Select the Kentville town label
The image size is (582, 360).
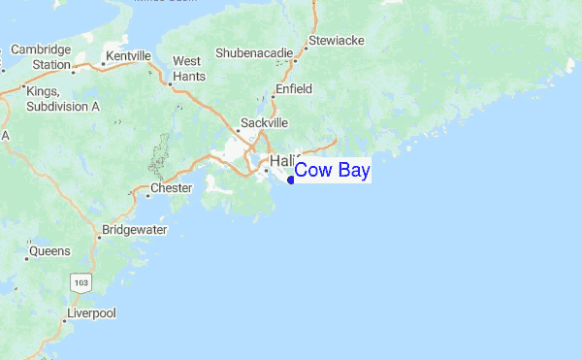(129, 57)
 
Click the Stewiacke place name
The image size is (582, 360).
(335, 42)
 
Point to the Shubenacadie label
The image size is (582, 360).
(252, 50)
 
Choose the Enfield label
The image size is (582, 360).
(293, 88)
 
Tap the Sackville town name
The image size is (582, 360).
(265, 124)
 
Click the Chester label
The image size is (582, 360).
(172, 187)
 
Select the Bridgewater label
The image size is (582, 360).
(134, 231)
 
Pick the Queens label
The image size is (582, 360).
(49, 251)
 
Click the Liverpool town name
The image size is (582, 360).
(91, 313)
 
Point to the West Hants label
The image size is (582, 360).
(187, 67)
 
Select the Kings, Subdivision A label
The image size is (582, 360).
(62, 98)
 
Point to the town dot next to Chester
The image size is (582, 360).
(147, 194)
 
